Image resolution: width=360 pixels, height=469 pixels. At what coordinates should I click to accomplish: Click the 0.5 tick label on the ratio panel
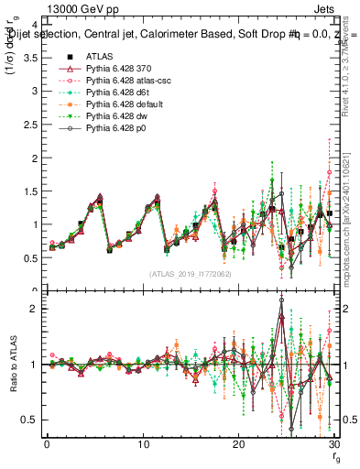coord(27,420)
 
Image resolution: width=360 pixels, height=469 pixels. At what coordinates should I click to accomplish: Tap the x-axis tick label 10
coord(143,445)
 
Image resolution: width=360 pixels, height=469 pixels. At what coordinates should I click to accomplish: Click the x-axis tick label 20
coord(238,445)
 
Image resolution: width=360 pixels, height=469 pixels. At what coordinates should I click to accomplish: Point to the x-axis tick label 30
coord(333,445)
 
